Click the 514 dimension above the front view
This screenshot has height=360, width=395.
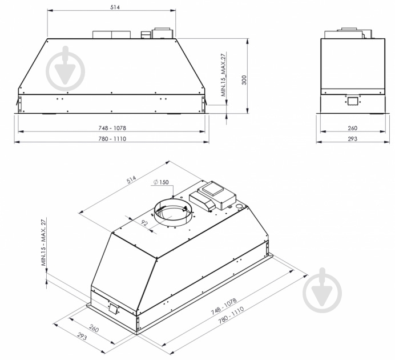(115, 7)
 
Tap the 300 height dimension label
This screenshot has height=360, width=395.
(244, 80)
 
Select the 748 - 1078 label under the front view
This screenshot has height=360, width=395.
(112, 128)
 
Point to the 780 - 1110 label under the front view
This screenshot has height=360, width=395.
(112, 139)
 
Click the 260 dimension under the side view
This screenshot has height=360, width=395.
(352, 128)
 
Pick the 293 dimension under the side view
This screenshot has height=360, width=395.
(352, 139)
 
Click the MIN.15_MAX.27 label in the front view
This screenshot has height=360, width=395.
(224, 75)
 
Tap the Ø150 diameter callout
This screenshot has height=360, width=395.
(161, 182)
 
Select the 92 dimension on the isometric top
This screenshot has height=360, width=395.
(144, 223)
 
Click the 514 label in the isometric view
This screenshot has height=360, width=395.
(131, 179)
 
